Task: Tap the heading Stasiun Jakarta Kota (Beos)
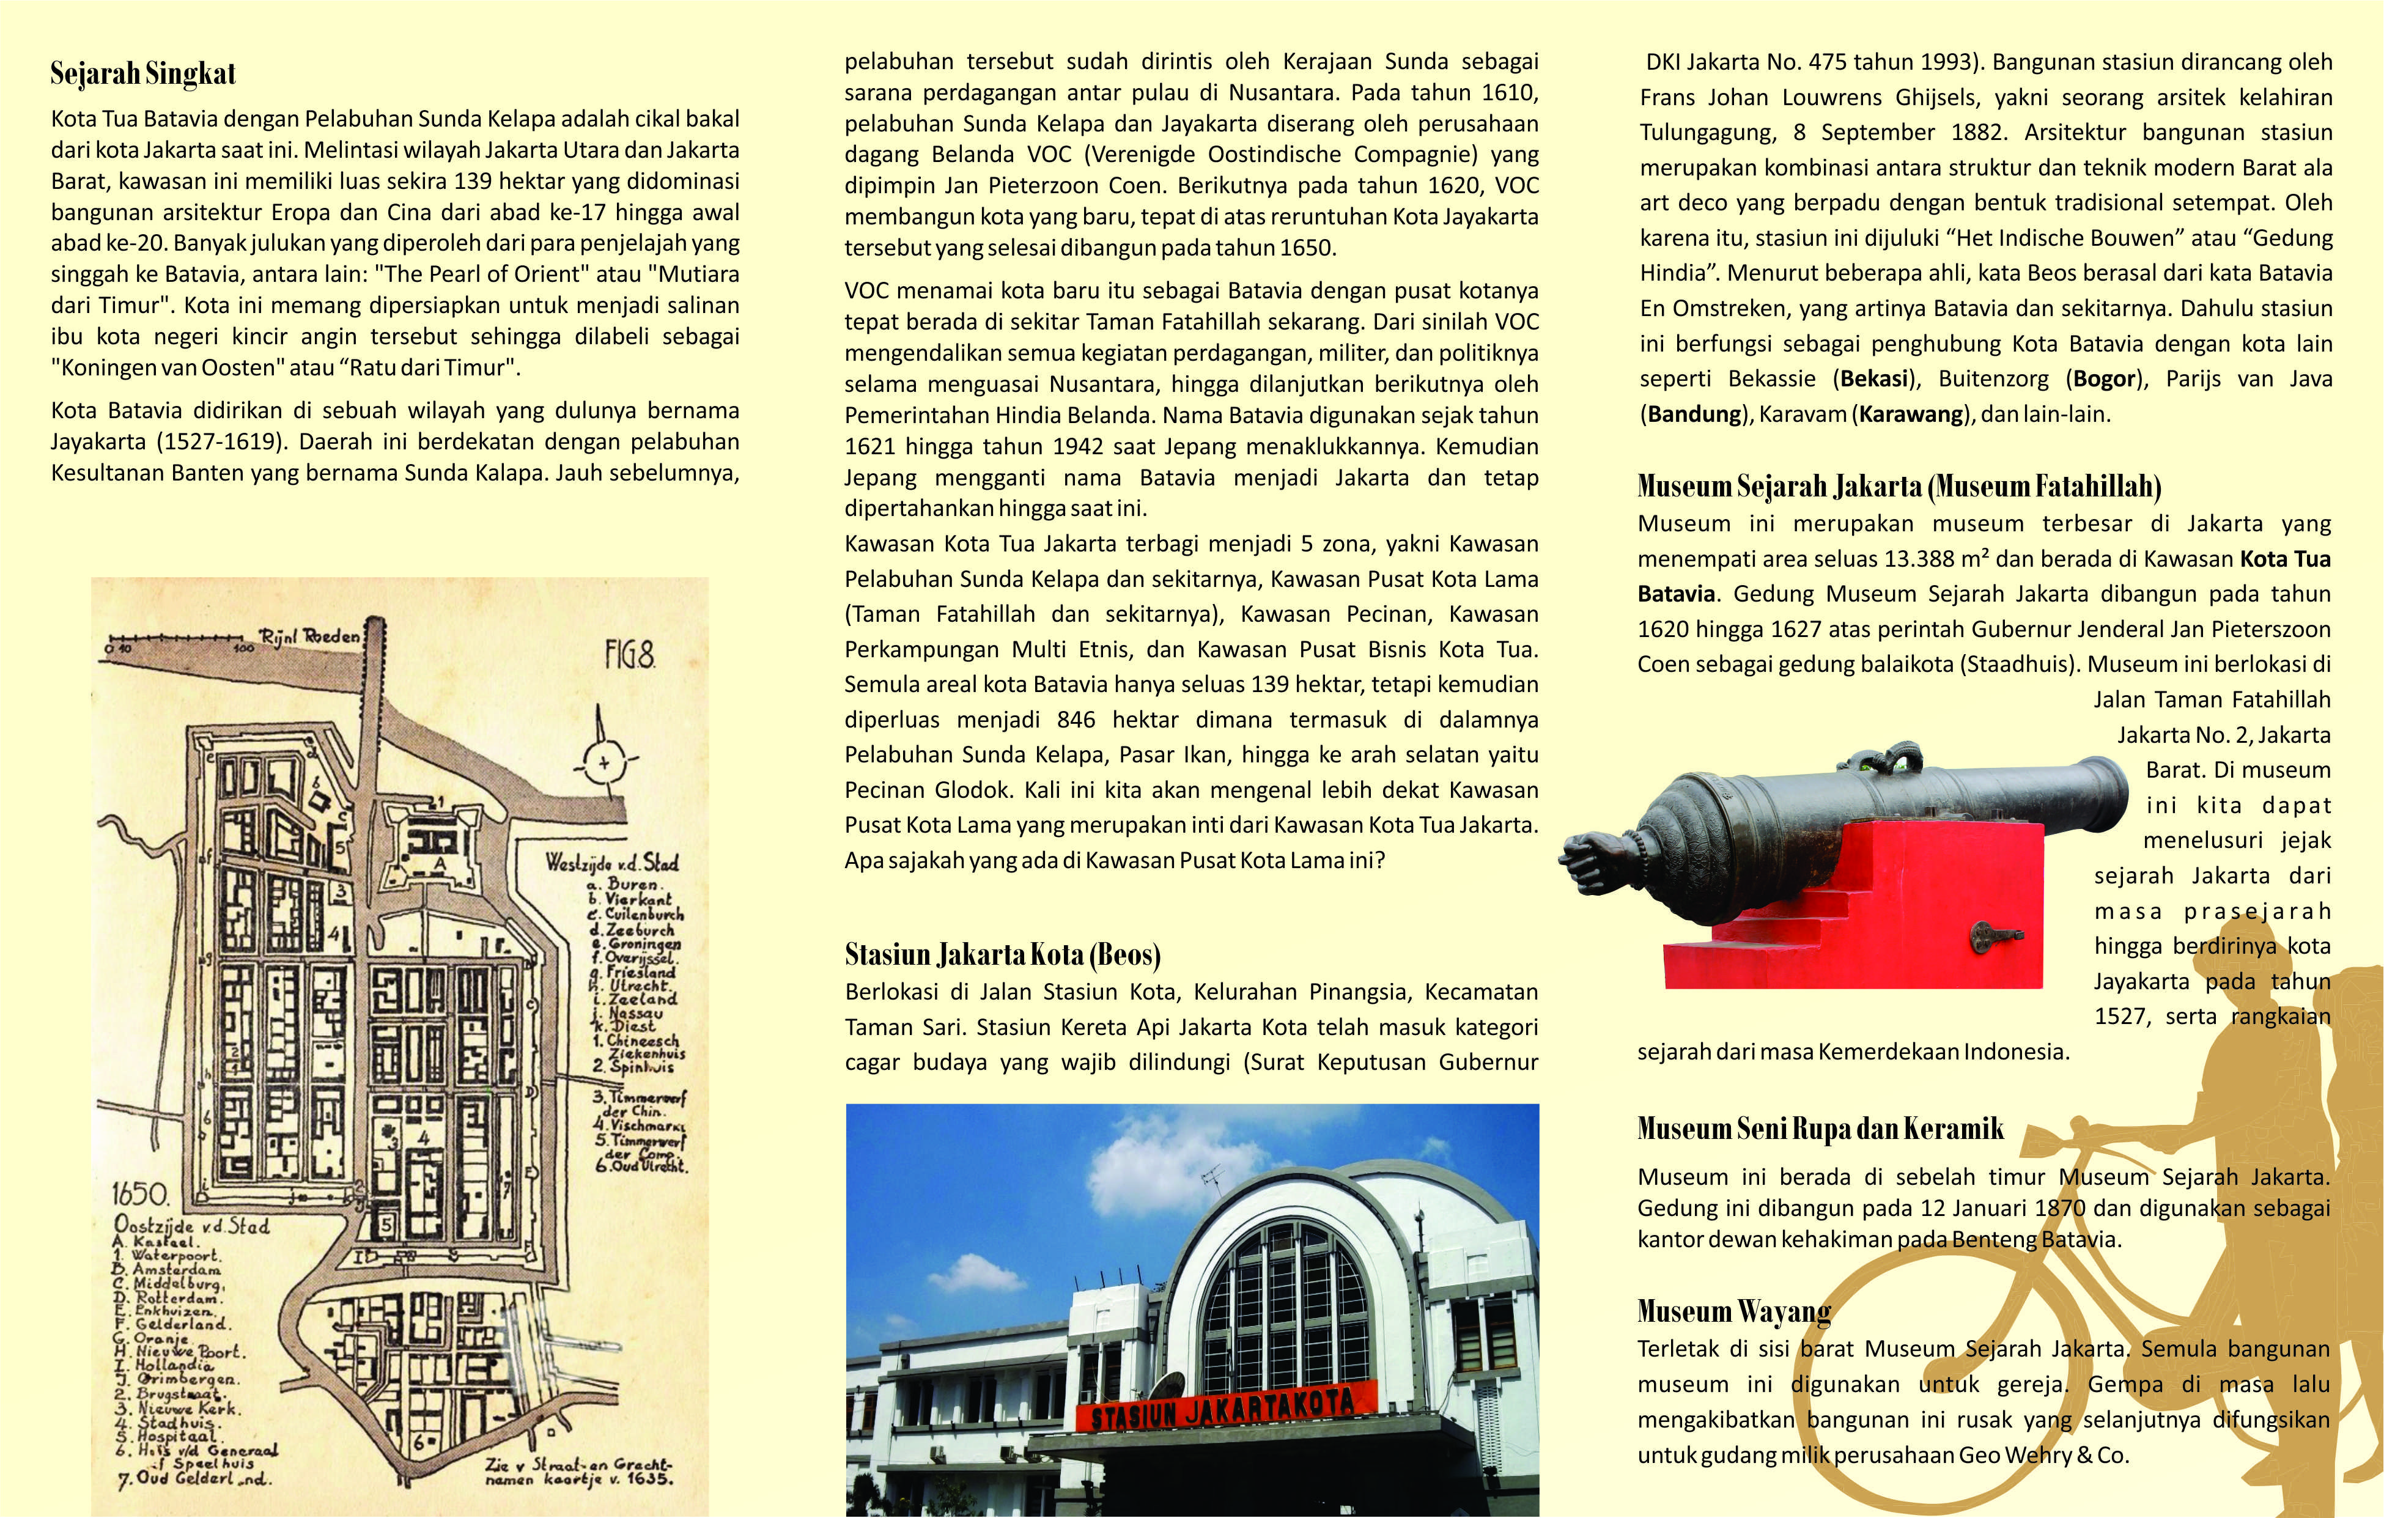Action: tap(1002, 954)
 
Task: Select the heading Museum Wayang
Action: tap(1733, 1311)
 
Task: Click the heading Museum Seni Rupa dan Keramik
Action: tap(1820, 1129)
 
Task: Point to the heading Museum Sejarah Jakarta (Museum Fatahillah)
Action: tap(1899, 486)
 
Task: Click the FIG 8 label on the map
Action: tap(630, 655)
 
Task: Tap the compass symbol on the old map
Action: tap(603, 762)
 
